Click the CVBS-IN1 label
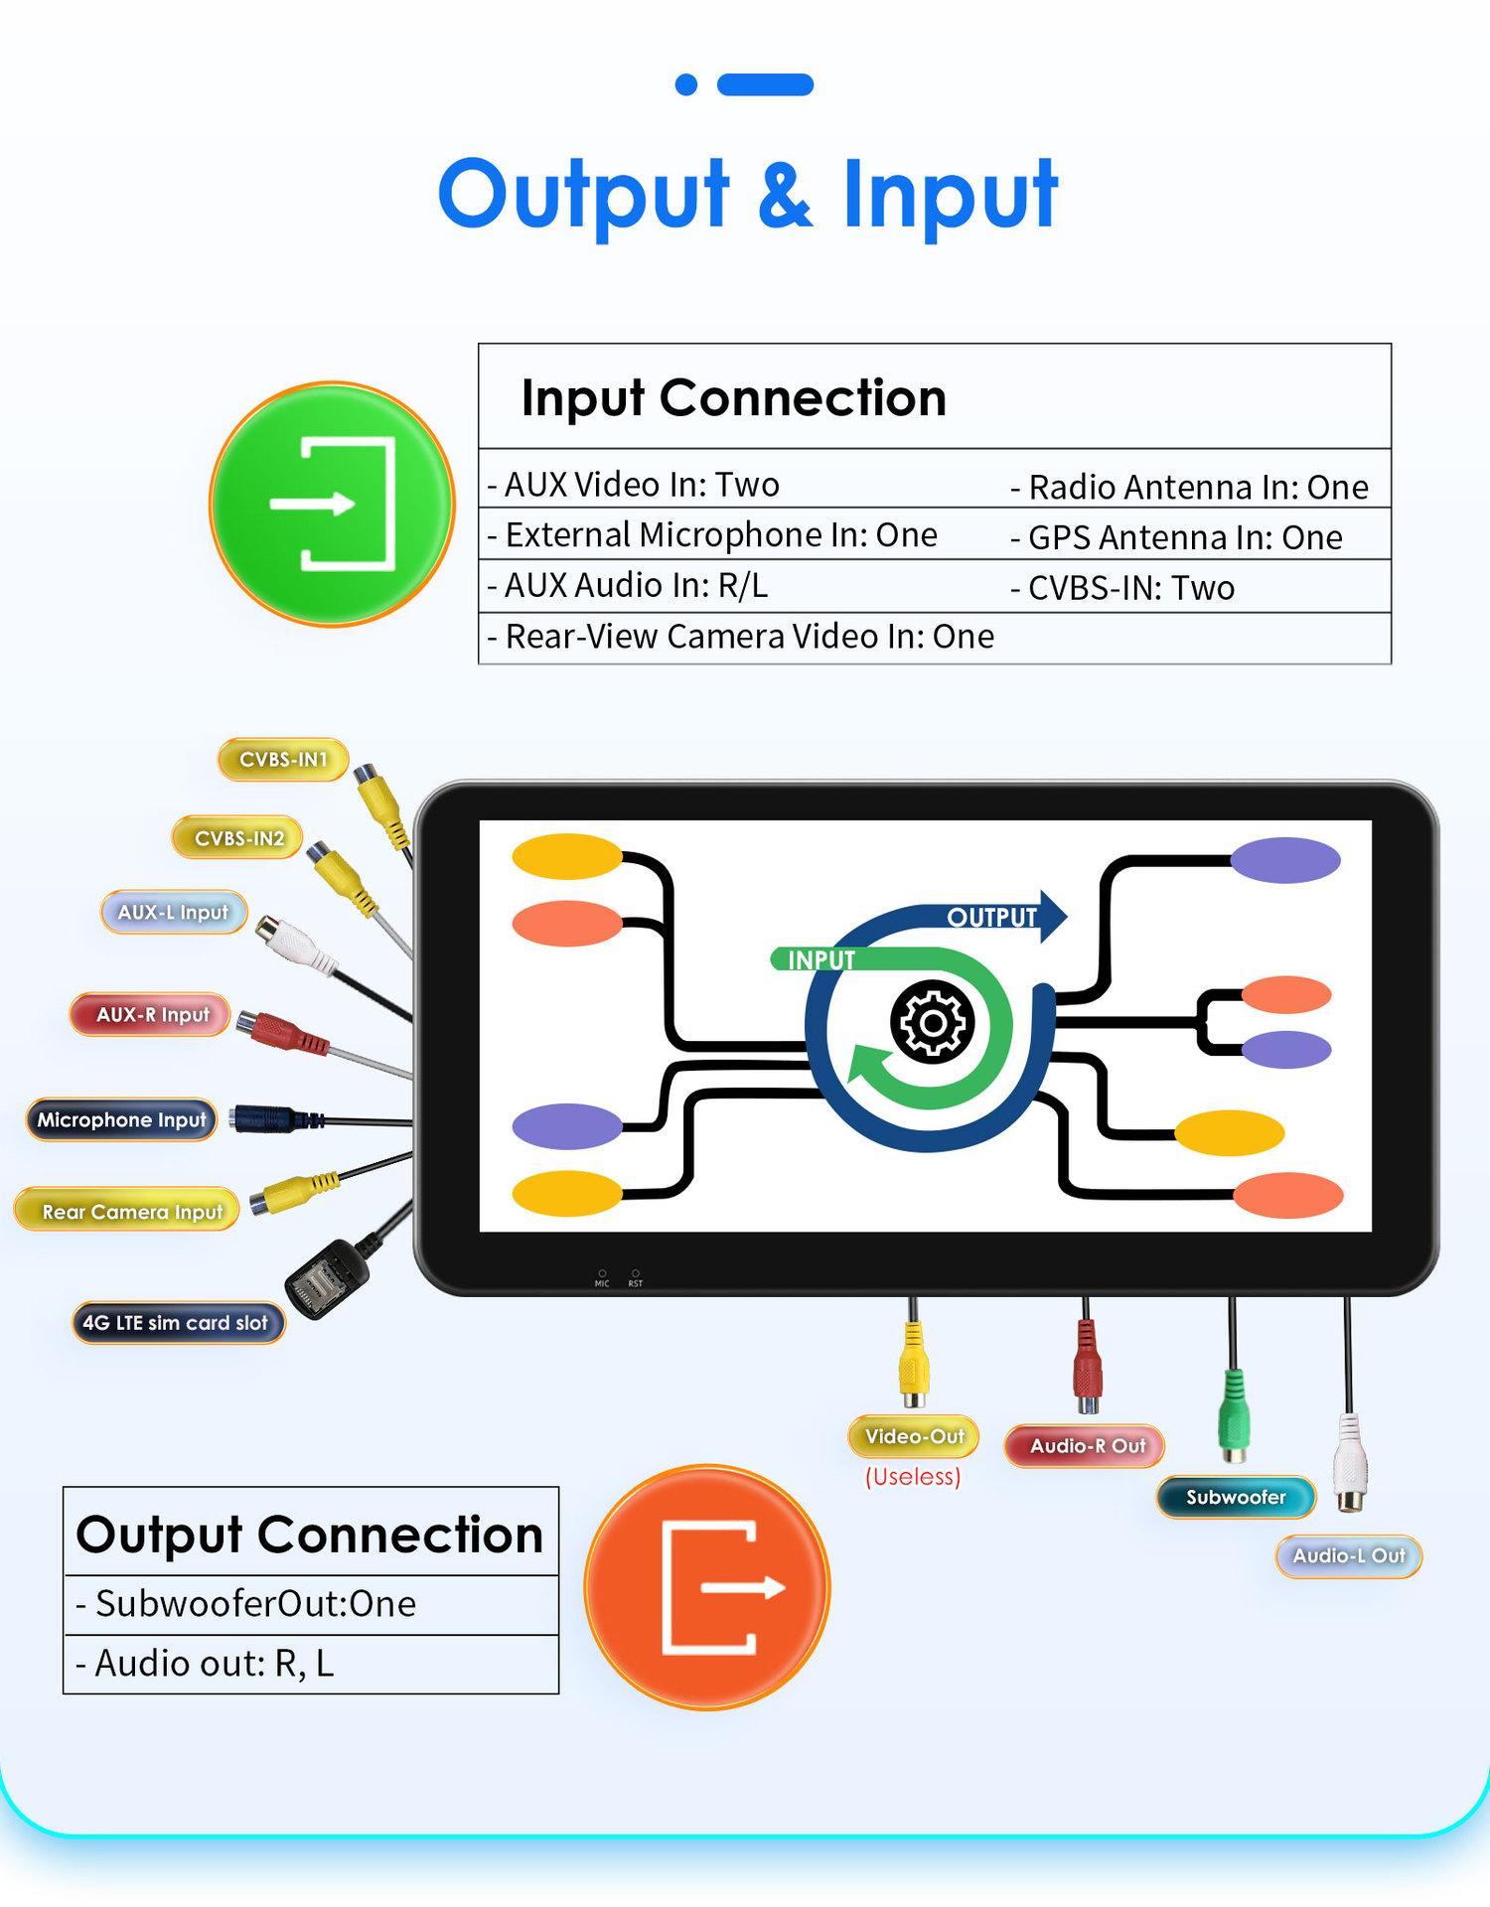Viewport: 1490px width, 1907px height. coord(283,760)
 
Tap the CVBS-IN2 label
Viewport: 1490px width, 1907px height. coord(238,838)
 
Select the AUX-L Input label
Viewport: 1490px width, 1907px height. coord(174,912)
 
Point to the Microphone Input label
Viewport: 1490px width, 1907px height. coord(121,1119)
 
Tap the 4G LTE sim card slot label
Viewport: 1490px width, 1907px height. coord(177,1323)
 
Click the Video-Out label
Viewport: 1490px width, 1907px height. coord(914,1436)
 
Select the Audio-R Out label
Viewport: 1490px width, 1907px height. coord(1086,1446)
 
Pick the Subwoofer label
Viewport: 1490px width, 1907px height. coord(1235,1497)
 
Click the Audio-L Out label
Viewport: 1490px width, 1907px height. coord(1348,1555)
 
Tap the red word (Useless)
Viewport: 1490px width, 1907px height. coord(913,1477)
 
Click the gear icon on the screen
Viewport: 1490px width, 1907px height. coord(932,1022)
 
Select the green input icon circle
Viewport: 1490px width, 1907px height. coord(332,505)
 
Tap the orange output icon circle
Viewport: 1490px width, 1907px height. coord(707,1586)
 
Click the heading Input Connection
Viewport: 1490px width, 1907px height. coord(733,397)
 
